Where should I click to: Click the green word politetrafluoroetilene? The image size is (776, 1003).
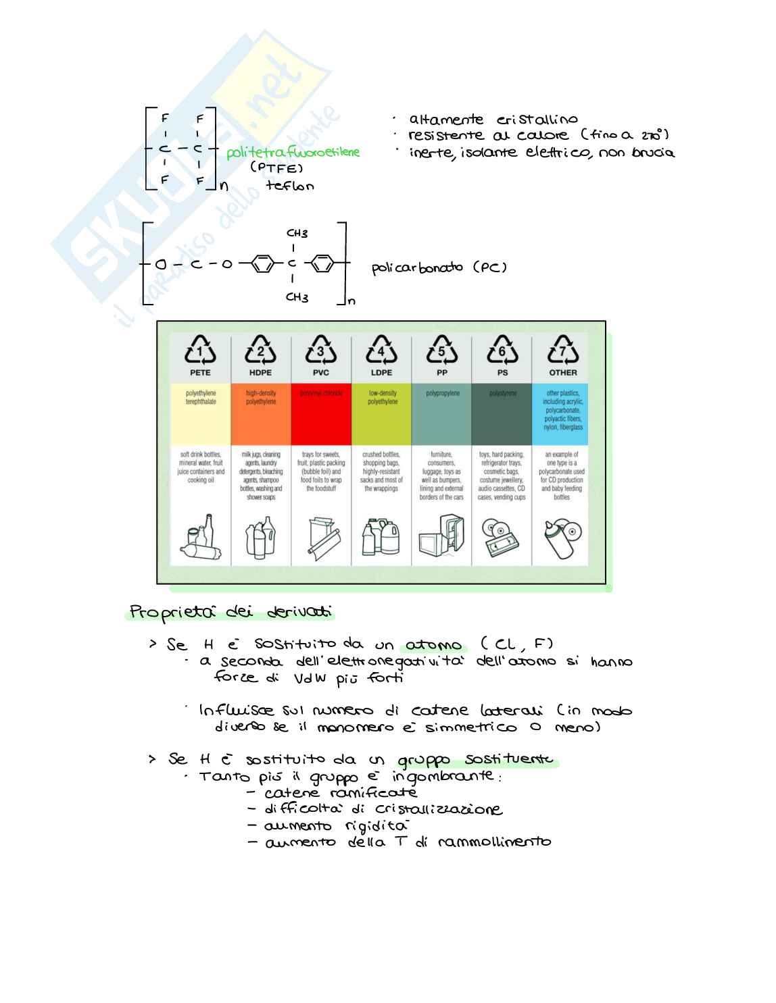click(x=293, y=153)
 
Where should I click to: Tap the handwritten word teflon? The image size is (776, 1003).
click(x=290, y=186)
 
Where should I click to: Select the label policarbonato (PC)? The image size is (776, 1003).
click(x=439, y=267)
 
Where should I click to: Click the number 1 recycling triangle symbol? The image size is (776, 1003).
click(x=200, y=350)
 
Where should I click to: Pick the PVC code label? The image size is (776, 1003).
click(x=321, y=373)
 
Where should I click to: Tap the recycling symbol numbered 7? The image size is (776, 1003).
click(x=562, y=350)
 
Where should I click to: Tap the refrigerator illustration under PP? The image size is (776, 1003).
click(x=441, y=536)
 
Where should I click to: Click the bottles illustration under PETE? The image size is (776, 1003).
click(x=201, y=537)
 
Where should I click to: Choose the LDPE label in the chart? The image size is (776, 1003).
click(x=381, y=373)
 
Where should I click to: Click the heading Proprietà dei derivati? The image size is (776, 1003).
click(x=231, y=613)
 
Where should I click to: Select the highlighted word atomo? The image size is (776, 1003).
click(x=433, y=645)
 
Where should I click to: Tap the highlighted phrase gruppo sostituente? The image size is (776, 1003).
click(x=475, y=761)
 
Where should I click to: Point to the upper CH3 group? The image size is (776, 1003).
click(x=297, y=234)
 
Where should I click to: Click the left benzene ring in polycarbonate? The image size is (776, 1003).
click(x=262, y=263)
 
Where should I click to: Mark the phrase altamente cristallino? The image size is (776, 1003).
click(x=493, y=120)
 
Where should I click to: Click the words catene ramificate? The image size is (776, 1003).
click(x=340, y=793)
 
